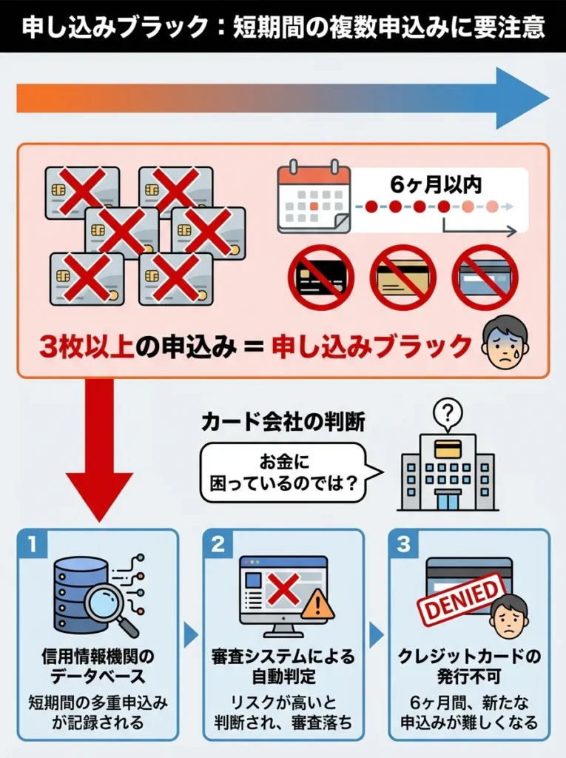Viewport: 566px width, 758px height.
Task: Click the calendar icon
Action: [x=314, y=196]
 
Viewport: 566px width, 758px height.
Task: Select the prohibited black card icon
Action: [x=320, y=278]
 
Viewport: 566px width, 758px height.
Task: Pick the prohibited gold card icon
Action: [x=402, y=278]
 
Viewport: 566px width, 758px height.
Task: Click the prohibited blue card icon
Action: [x=485, y=278]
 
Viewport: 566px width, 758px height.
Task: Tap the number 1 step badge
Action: [x=33, y=545]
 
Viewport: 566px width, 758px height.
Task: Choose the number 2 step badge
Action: [x=218, y=545]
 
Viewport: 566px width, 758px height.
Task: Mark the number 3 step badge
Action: [x=404, y=545]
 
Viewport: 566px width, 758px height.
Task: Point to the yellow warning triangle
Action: [x=317, y=605]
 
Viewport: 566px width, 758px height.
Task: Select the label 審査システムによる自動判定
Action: [x=283, y=666]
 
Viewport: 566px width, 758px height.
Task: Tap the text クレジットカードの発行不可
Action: [x=468, y=666]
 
